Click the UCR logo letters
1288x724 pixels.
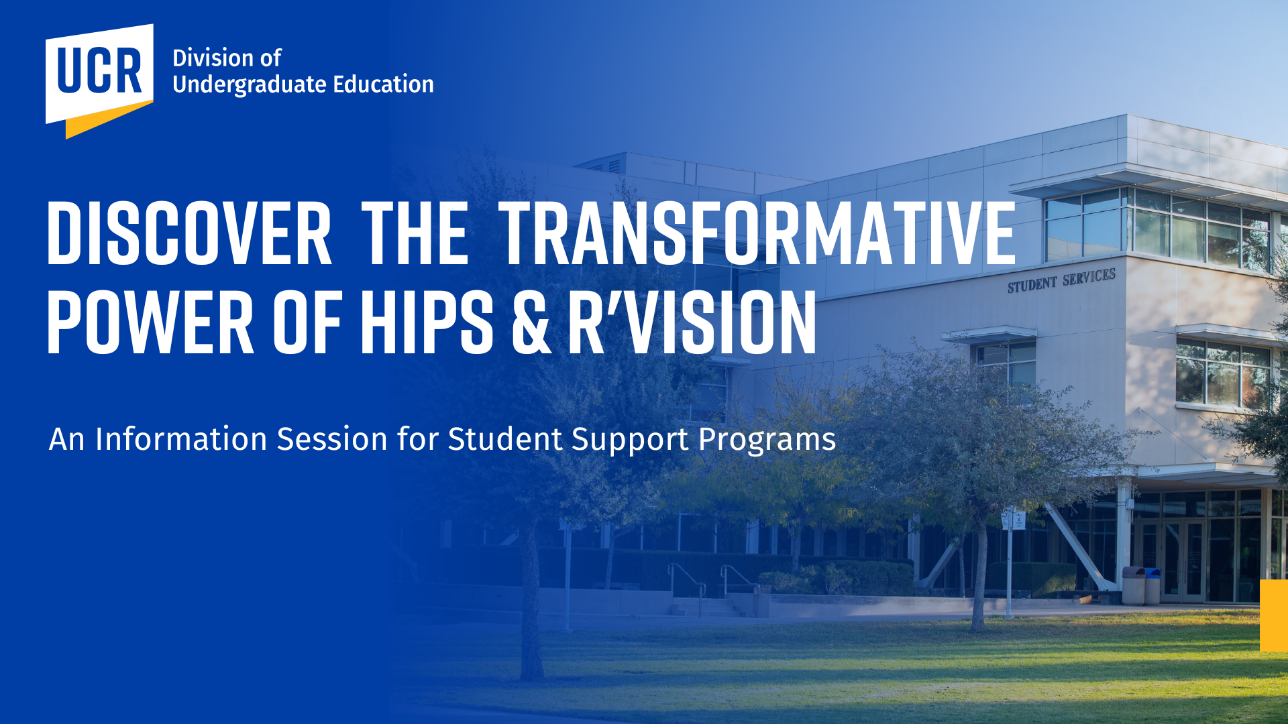point(99,70)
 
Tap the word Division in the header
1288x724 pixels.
point(214,58)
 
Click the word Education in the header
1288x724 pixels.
point(384,84)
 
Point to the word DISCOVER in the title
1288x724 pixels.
point(189,233)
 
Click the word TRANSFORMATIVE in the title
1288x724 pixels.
point(757,233)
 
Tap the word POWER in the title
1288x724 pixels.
point(150,323)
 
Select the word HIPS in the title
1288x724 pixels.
point(427,323)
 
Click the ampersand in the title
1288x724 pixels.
point(532,323)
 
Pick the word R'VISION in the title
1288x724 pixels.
point(692,323)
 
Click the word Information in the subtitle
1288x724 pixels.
point(181,439)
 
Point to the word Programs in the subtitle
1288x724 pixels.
point(767,440)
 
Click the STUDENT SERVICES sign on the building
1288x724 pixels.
point(1061,281)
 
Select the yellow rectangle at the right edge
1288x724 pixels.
point(1274,615)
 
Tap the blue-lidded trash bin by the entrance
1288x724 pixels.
point(1151,585)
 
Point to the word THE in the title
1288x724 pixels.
point(415,233)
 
